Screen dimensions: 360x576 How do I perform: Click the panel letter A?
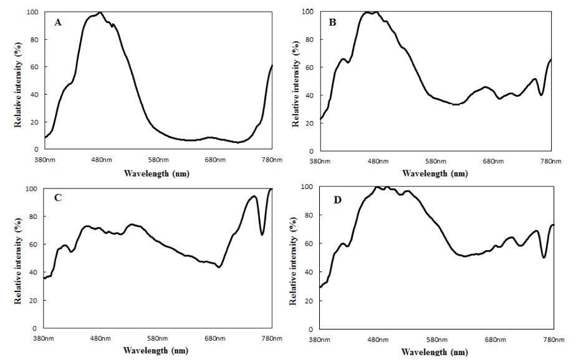57,22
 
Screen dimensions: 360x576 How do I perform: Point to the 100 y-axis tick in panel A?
32,12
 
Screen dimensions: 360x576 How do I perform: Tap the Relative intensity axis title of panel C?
18,258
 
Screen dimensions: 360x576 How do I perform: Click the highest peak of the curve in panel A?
100,12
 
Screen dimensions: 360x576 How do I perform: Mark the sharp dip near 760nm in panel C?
262,235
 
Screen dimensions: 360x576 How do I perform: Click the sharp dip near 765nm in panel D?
544,257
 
